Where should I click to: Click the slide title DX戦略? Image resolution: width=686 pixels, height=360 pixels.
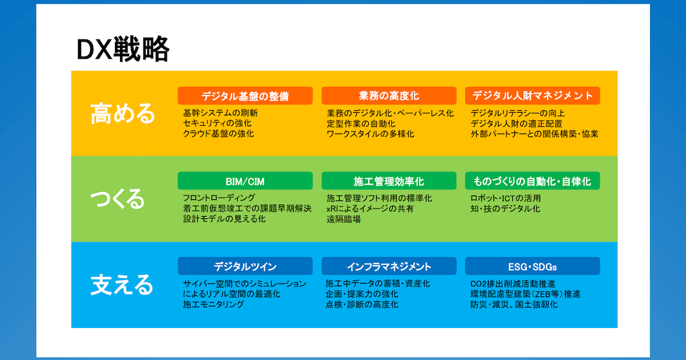click(x=123, y=50)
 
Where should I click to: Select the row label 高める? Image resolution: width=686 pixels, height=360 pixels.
click(x=123, y=113)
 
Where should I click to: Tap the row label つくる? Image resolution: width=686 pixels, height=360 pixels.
click(x=118, y=199)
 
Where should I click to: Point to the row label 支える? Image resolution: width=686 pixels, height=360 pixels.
click(x=122, y=285)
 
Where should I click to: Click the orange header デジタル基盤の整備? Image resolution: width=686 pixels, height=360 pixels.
click(x=245, y=96)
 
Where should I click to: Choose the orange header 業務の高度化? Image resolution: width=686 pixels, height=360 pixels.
click(x=389, y=96)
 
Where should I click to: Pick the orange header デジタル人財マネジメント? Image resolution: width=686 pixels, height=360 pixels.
click(x=532, y=96)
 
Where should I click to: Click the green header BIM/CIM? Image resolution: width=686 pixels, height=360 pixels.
click(x=245, y=182)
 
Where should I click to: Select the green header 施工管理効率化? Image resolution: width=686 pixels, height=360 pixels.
click(x=389, y=182)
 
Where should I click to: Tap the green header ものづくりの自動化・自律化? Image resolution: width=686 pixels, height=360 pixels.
click(x=532, y=182)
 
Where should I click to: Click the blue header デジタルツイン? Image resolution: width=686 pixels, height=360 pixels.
click(x=245, y=266)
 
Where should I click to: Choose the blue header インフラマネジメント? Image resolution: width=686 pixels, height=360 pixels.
click(x=389, y=266)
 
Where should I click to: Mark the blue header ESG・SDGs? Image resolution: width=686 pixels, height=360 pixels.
click(x=532, y=266)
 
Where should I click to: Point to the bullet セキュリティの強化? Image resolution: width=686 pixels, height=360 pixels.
click(x=217, y=123)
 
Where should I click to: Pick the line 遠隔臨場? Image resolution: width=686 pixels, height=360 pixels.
click(x=344, y=219)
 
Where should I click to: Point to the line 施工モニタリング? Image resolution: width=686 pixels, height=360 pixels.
click(x=214, y=305)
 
